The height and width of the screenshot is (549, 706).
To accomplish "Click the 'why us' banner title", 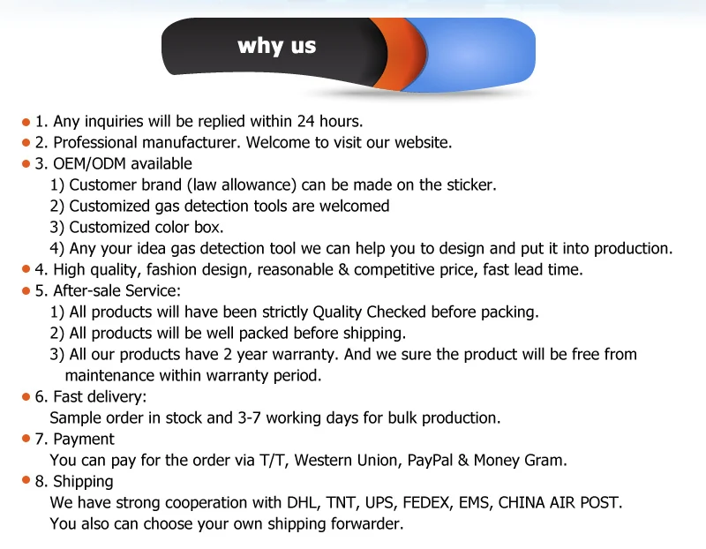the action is click(x=276, y=46).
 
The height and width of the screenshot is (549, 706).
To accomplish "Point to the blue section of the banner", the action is click(x=477, y=54).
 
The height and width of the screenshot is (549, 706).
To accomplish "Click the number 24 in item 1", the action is click(x=305, y=121).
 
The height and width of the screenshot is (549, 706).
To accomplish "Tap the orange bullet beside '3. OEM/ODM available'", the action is click(x=26, y=164).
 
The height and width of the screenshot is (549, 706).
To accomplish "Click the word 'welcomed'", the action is click(x=355, y=206).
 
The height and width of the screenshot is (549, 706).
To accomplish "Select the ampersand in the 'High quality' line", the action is click(x=343, y=269).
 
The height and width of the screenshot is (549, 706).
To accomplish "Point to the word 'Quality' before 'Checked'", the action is click(x=337, y=312).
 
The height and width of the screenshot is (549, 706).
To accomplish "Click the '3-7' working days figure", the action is click(x=250, y=417).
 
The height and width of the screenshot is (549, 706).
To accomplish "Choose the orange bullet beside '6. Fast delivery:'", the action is click(x=26, y=397).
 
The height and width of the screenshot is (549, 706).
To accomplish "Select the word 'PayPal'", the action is click(x=430, y=460).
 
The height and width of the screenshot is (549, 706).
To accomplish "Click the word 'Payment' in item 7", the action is click(x=84, y=439).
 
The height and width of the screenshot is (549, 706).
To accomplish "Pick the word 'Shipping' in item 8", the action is click(x=83, y=481).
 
